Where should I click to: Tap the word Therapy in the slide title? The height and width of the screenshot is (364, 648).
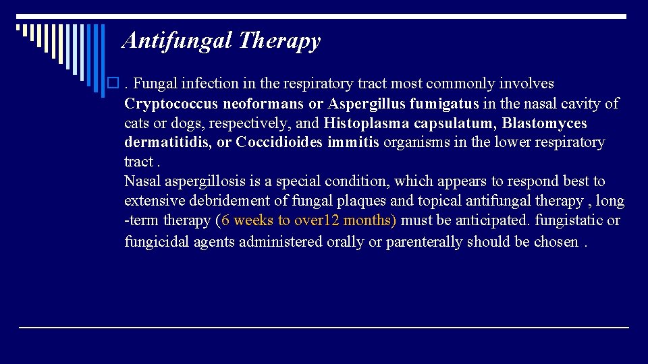point(280,41)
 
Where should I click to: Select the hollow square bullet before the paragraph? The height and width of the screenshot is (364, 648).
point(113,84)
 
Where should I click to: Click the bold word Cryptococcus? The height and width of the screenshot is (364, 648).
point(169,104)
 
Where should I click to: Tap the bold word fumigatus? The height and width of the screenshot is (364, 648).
point(444,104)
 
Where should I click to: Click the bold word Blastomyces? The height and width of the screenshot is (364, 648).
point(545,123)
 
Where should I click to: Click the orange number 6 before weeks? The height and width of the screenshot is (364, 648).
point(226,220)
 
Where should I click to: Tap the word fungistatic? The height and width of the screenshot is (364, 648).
point(573,220)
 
